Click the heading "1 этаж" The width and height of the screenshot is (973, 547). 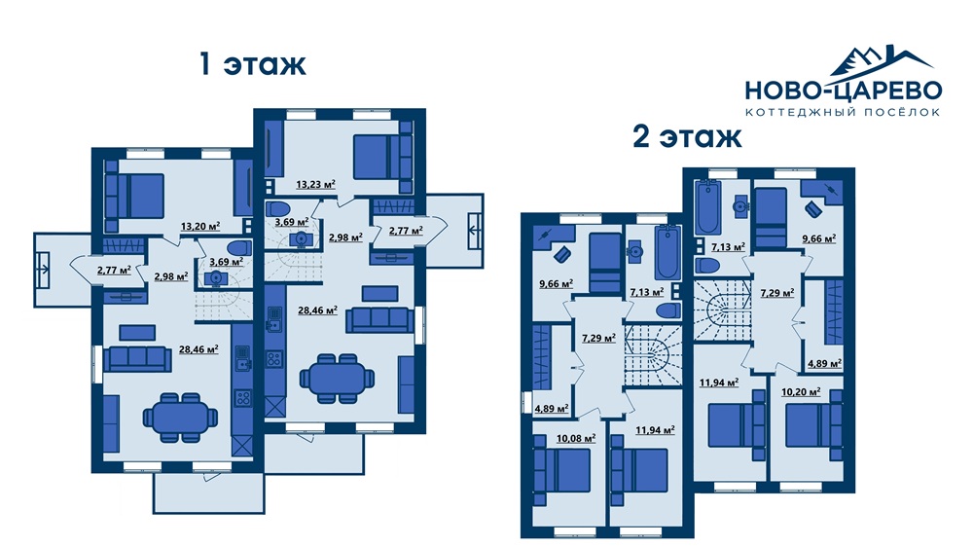pos(252,64)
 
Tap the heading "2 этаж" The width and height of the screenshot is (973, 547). pos(687,136)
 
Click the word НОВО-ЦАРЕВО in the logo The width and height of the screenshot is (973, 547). pos(844,91)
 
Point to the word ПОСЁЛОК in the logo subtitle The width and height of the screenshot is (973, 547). pos(902,112)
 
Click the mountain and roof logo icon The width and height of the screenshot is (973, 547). pos(881,61)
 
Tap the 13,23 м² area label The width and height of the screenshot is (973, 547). pos(315,184)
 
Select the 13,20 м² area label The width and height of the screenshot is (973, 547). pos(199,226)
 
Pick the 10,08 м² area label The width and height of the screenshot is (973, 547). pos(576,438)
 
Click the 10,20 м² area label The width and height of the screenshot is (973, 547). pos(801,392)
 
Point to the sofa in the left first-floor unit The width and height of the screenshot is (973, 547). pos(137,359)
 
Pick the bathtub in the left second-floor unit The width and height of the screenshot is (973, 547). pos(667,253)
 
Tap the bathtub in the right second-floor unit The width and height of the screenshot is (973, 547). pos(708,207)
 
